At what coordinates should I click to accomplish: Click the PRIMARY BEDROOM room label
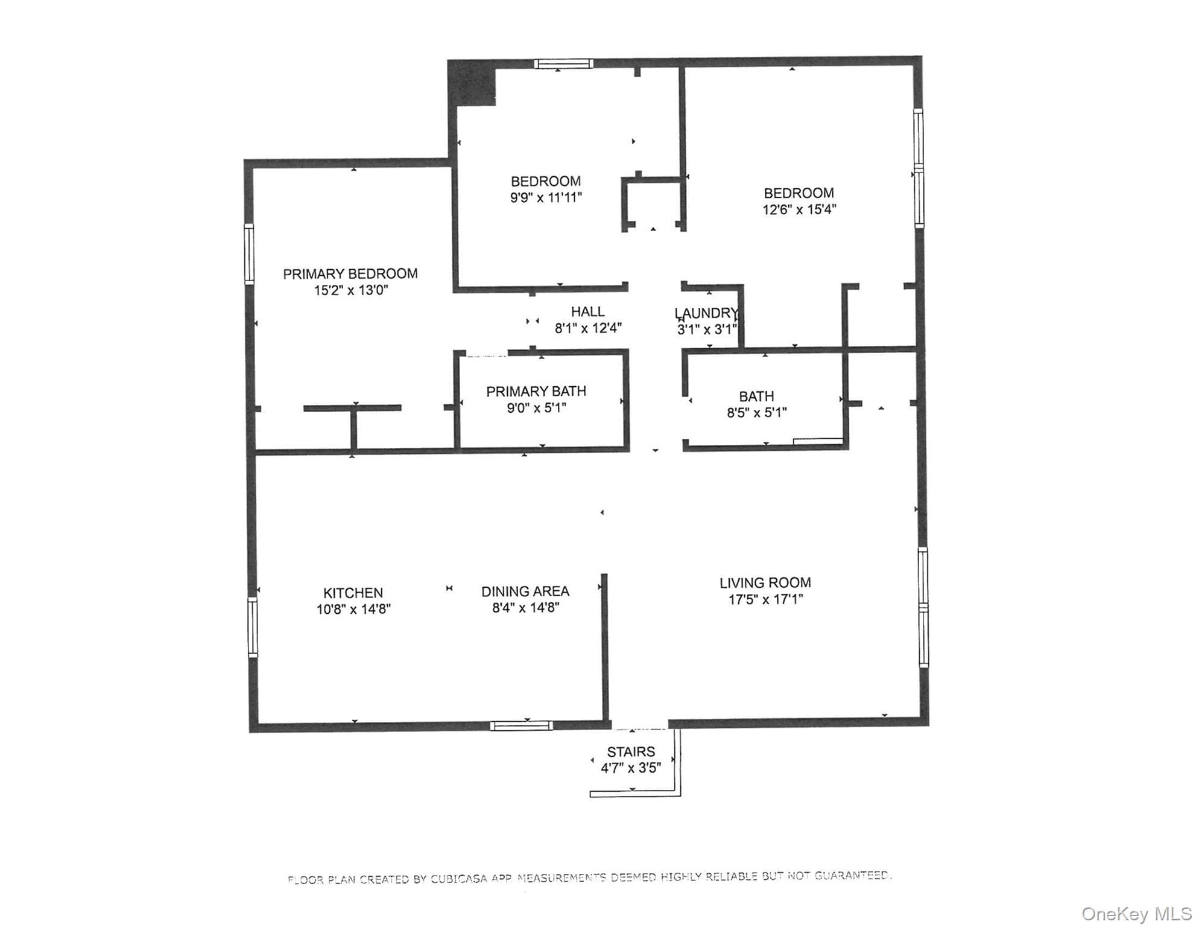point(350,274)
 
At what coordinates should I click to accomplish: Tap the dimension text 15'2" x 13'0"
point(351,290)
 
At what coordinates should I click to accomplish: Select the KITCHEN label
point(353,593)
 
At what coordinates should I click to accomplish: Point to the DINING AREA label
point(525,591)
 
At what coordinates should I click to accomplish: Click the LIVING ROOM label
point(765,583)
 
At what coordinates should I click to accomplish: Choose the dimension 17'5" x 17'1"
point(765,599)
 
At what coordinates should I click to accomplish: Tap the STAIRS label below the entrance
point(631,752)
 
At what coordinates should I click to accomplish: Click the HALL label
point(587,311)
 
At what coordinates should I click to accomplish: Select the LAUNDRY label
point(706,313)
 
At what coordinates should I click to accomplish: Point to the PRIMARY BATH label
point(536,392)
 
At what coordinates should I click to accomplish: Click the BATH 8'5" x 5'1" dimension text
point(757,413)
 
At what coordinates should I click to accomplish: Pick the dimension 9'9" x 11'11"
point(546,197)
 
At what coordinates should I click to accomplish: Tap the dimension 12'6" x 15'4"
point(799,209)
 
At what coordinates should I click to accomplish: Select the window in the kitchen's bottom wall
point(521,726)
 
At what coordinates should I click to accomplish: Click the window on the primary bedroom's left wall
point(248,253)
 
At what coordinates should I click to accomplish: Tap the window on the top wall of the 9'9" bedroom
point(563,64)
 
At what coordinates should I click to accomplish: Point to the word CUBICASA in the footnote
point(458,879)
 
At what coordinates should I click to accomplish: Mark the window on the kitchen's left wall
point(253,627)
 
